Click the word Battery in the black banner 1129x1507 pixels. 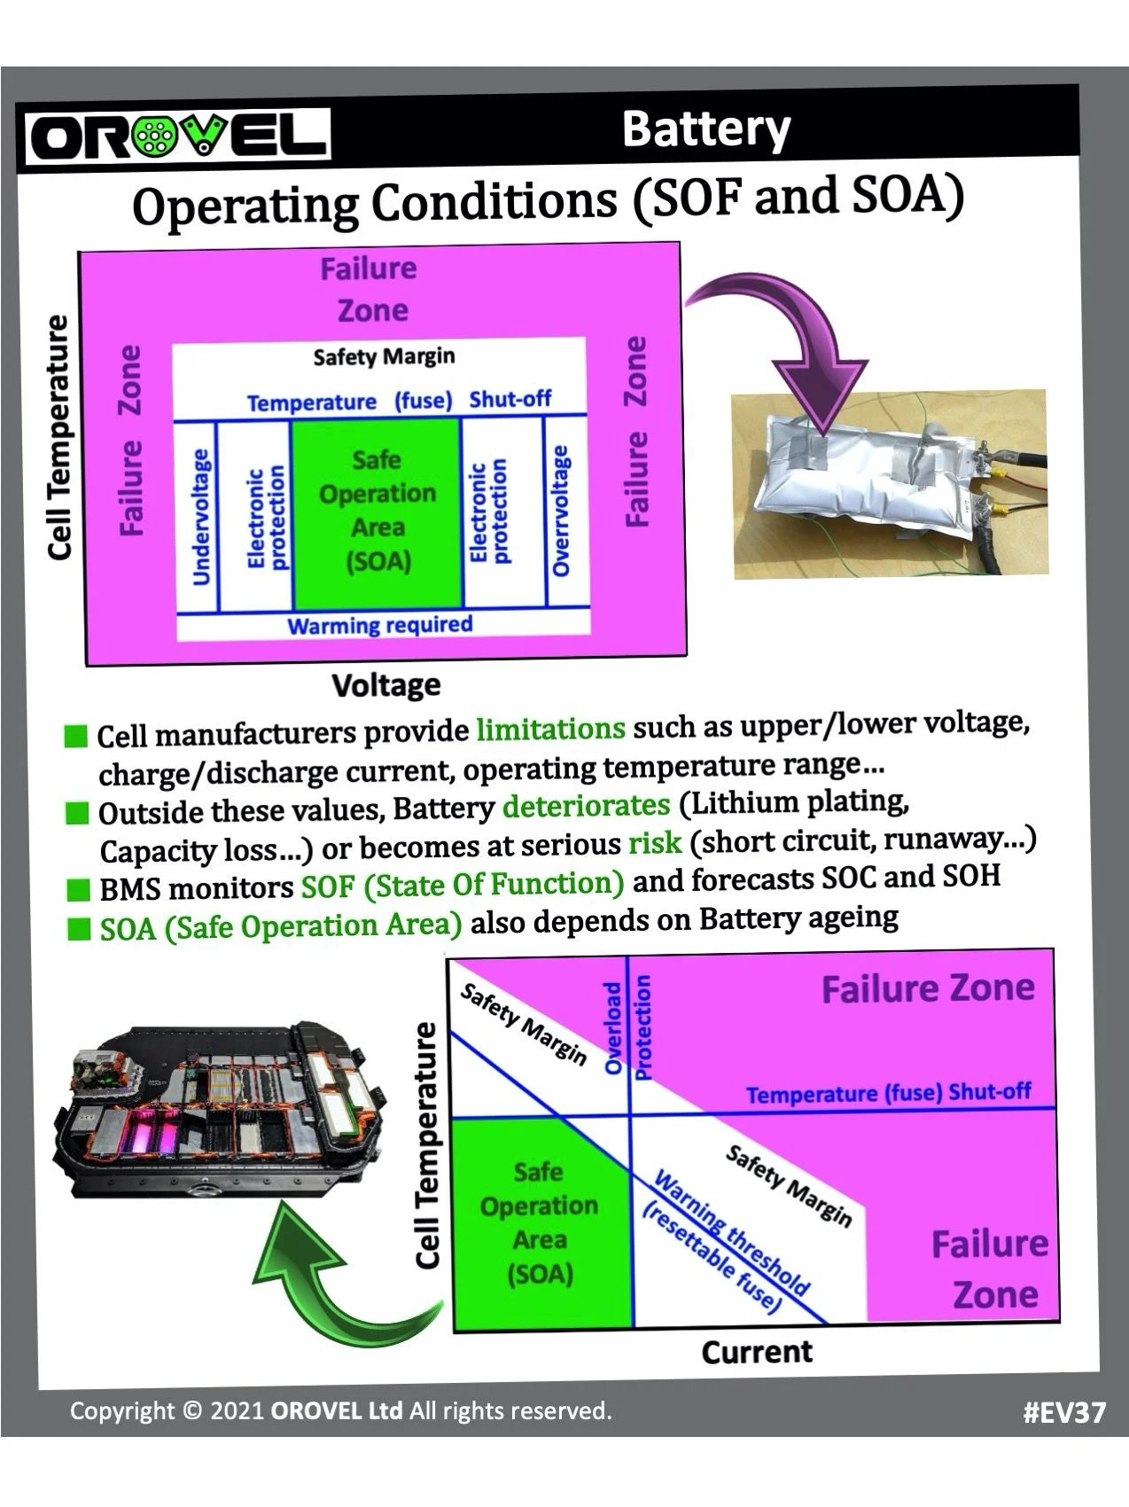(x=705, y=129)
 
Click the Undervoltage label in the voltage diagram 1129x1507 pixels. (x=201, y=517)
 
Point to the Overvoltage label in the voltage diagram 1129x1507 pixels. (x=561, y=511)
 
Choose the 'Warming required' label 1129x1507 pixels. (x=379, y=625)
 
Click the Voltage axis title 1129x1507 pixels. (x=385, y=685)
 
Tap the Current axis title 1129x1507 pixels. (x=756, y=1352)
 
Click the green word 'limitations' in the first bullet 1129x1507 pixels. (x=550, y=730)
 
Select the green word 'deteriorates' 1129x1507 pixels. (x=586, y=805)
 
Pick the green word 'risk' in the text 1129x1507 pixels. (x=655, y=843)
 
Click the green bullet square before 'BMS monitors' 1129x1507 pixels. (x=80, y=889)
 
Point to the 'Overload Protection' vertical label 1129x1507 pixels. (x=627, y=1028)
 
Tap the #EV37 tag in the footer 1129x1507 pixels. (x=1063, y=1411)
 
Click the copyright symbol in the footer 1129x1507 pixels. (x=192, y=1410)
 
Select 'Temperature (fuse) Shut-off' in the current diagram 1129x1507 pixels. (x=888, y=1093)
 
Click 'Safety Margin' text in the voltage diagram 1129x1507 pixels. (x=384, y=356)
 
